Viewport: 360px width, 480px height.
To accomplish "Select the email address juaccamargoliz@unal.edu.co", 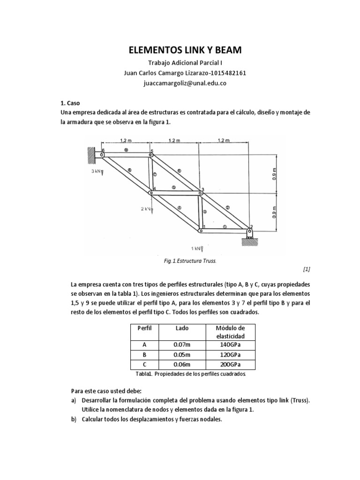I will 180,83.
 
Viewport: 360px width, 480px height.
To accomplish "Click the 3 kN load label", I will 97,172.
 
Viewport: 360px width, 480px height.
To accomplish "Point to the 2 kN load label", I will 146,209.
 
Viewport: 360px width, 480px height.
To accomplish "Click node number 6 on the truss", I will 103,150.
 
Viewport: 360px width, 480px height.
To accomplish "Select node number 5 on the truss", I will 151,151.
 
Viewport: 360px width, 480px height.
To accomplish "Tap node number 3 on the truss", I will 202,189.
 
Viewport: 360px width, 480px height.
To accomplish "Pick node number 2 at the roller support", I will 252,227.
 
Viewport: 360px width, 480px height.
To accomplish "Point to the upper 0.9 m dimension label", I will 275,173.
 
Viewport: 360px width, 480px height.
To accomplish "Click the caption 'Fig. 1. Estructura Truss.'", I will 187,261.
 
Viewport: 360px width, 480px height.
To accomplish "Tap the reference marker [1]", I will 307,269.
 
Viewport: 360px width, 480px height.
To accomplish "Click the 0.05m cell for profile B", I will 182,355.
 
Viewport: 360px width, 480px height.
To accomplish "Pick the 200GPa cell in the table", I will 230,365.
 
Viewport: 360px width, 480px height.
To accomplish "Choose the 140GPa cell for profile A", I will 230,345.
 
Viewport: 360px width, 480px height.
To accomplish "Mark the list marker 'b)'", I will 74,420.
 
